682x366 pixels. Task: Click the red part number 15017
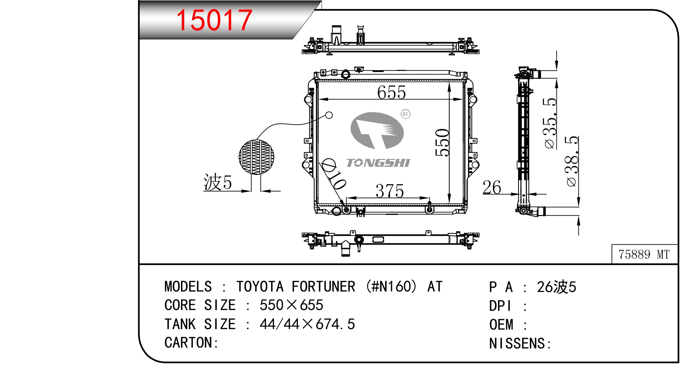tap(214, 20)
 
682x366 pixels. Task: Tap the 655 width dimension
tap(391, 92)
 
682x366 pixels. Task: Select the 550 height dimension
tap(442, 142)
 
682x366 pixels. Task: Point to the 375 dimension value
tap(390, 191)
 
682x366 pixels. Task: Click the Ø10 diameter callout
tap(333, 174)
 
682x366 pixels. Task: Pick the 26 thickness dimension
tap(492, 188)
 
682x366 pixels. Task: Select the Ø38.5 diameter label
tap(572, 161)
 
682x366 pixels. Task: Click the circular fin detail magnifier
tap(256, 157)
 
